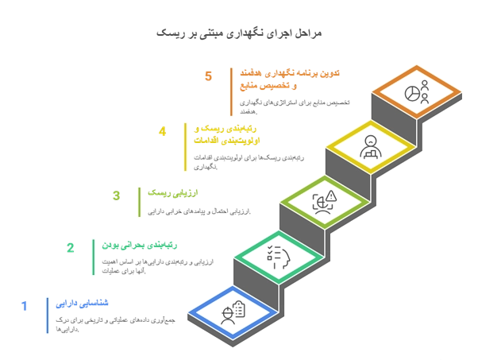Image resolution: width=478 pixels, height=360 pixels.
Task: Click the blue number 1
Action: click(x=25, y=304)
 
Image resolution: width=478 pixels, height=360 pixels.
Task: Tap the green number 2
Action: click(x=70, y=248)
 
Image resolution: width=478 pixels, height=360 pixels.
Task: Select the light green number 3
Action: click(x=116, y=195)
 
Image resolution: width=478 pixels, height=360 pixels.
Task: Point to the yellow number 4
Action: click(x=164, y=132)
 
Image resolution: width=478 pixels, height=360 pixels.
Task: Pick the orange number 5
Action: click(x=209, y=76)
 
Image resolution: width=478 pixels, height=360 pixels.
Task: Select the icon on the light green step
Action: click(x=322, y=203)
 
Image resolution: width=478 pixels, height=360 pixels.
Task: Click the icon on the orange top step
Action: click(x=414, y=92)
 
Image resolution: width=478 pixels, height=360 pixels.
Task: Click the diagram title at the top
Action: click(x=238, y=33)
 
